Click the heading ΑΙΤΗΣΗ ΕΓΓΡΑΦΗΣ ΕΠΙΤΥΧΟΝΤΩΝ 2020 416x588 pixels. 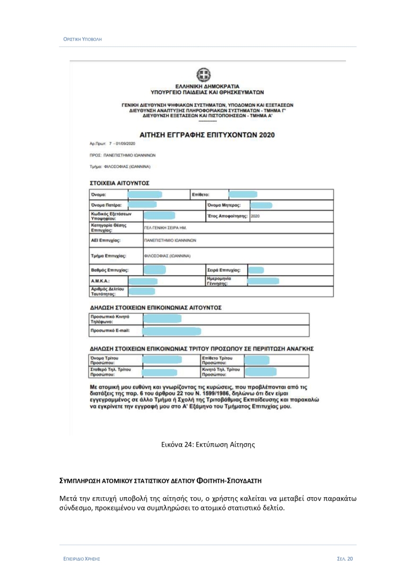tap(207, 135)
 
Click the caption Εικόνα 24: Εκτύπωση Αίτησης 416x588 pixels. tap(207, 444)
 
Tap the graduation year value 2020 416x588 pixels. tap(255, 216)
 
